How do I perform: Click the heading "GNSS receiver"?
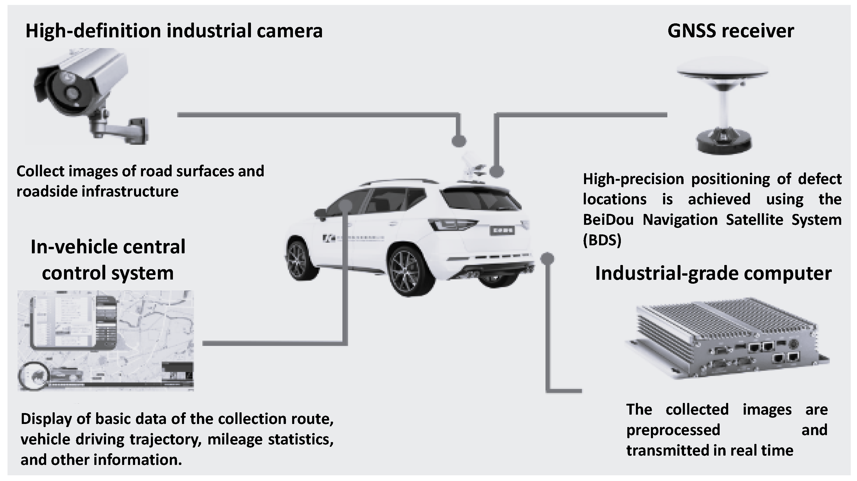click(x=730, y=31)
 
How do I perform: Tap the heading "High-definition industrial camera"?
click(x=174, y=31)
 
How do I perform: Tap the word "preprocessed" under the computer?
click(x=673, y=430)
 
